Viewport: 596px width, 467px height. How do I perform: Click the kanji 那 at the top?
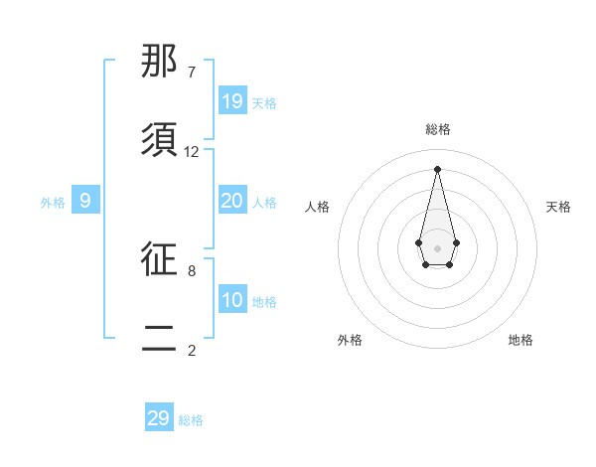(159, 62)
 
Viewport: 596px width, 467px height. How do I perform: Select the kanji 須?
(159, 140)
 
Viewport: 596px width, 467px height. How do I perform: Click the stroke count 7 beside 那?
(192, 73)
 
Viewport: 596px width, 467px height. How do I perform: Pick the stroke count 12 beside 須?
(192, 152)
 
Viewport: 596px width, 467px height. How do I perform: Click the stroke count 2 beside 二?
(192, 350)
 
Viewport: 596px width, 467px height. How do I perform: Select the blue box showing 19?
(232, 101)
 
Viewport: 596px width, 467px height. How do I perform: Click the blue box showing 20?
(232, 201)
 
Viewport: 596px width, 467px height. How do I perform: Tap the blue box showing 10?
(232, 300)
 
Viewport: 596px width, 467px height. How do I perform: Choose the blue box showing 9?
(85, 201)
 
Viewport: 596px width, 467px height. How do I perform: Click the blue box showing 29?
(159, 418)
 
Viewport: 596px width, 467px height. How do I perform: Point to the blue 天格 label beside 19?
(264, 103)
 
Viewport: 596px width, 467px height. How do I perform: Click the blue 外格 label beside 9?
(53, 203)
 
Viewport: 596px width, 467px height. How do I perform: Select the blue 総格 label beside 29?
(191, 420)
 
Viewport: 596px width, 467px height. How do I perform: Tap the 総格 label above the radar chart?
(437, 129)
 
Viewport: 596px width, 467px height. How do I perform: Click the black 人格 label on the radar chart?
(317, 207)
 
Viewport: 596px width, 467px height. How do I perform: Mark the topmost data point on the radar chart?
(437, 168)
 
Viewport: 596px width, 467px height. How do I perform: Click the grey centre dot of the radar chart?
(437, 246)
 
